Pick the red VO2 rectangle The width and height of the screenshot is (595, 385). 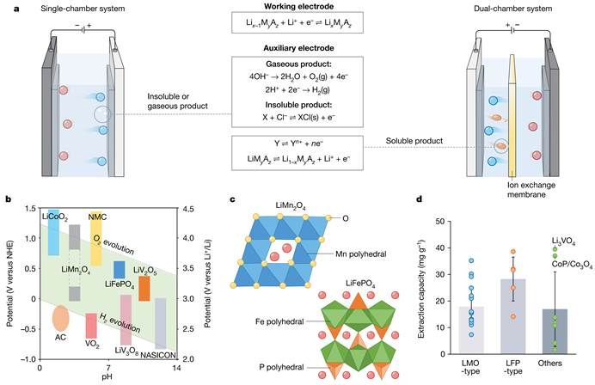(x=91, y=326)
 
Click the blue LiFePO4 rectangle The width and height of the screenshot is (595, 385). (x=119, y=269)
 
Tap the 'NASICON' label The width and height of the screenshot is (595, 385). (x=159, y=353)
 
